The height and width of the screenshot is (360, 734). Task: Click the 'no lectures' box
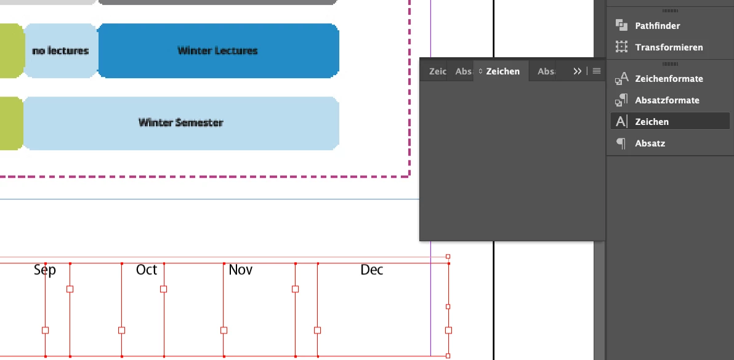point(60,50)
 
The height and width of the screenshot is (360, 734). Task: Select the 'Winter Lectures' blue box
point(217,50)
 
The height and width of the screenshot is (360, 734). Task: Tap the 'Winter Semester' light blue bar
point(180,122)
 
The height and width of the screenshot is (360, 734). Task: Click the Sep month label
point(45,270)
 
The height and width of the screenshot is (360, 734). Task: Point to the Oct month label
point(147,270)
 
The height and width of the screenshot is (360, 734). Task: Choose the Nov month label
point(241,270)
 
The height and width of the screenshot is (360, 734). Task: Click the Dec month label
point(372,270)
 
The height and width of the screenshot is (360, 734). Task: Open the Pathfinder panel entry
point(657,26)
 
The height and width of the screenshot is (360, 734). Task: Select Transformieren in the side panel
point(669,47)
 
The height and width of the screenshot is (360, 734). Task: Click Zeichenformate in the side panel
point(669,79)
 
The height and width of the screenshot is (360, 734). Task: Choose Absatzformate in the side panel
point(667,100)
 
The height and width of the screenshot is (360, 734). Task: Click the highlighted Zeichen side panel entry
point(651,122)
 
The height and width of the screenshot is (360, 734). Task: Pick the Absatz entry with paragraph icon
point(650,143)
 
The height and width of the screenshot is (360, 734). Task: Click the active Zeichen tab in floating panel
point(502,71)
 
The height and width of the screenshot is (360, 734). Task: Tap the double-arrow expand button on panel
point(577,71)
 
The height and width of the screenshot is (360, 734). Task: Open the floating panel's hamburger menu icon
point(597,71)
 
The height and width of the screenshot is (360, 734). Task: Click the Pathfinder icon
point(621,25)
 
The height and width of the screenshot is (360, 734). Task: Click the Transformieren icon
point(621,47)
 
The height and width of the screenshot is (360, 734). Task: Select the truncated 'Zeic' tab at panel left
point(437,71)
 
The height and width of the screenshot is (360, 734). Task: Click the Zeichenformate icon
point(621,78)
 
